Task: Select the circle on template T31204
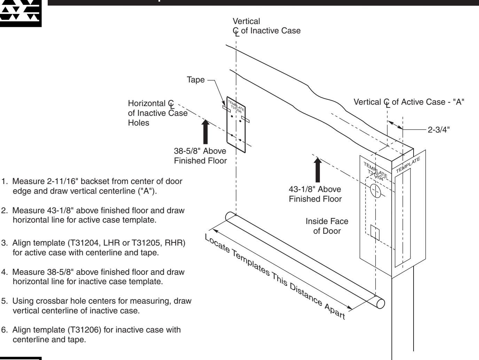click(x=375, y=191)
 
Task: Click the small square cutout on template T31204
click(x=375, y=232)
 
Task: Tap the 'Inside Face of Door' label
click(x=327, y=226)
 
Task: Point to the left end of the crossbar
click(x=230, y=216)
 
